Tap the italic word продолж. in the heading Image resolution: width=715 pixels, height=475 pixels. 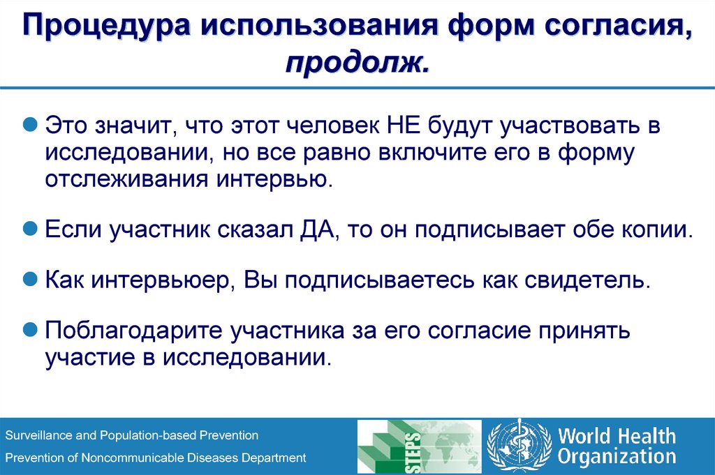(357, 64)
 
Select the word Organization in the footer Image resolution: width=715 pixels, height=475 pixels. (617, 458)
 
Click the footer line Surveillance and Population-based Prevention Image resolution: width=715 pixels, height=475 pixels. (132, 435)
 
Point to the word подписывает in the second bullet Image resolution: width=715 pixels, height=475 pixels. (482, 229)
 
